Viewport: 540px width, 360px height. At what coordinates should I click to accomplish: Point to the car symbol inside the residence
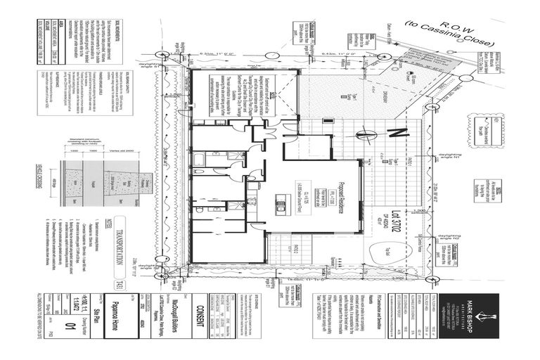[279, 207]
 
